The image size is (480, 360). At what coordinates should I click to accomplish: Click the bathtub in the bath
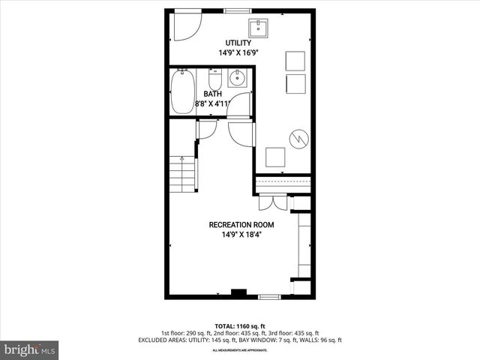(x=182, y=91)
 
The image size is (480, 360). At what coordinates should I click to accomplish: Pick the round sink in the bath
(x=238, y=77)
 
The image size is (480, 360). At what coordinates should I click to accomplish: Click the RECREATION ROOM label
(x=241, y=224)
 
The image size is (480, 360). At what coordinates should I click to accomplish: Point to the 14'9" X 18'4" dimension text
(x=241, y=234)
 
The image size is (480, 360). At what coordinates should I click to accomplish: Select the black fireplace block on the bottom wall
(x=238, y=292)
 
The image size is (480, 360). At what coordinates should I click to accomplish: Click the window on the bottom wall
(x=268, y=298)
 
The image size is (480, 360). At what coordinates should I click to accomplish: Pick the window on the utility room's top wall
(x=238, y=10)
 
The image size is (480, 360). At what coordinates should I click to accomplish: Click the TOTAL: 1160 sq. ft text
(x=239, y=326)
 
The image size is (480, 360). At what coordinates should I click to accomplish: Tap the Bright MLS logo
(x=30, y=349)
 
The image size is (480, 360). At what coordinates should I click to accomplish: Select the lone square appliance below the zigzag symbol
(x=275, y=157)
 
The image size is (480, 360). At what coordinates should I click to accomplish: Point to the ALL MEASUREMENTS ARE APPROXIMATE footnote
(x=239, y=350)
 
